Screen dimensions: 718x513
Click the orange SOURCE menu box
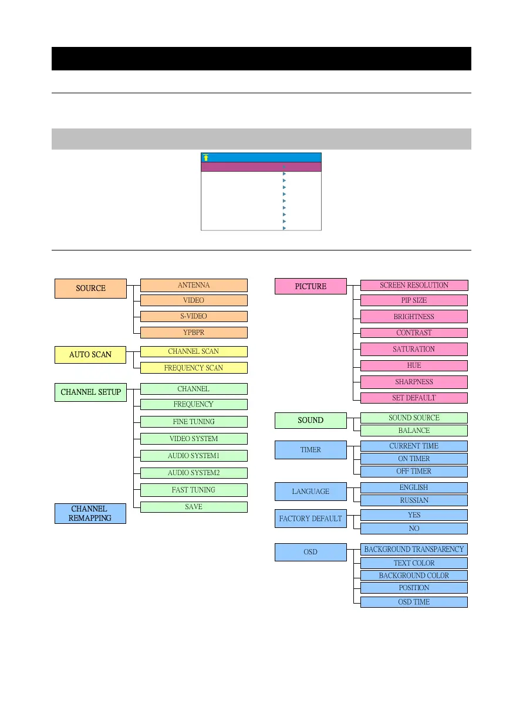click(90, 288)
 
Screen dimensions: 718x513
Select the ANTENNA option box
click(194, 285)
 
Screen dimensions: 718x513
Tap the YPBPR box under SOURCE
click(194, 333)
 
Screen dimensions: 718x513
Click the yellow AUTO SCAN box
click(90, 354)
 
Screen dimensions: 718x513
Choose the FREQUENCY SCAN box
click(194, 368)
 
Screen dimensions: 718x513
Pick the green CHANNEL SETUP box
click(90, 392)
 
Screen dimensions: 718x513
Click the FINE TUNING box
click(194, 421)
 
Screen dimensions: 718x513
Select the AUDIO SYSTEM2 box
click(194, 473)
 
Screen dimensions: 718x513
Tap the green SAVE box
click(194, 507)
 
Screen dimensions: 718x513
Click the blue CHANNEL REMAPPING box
click(90, 513)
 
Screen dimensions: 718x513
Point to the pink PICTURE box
click(310, 286)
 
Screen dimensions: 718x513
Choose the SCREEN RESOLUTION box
click(414, 285)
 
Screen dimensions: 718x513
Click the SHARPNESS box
click(414, 382)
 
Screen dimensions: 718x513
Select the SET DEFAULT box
click(414, 398)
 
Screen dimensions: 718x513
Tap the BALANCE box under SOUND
click(414, 431)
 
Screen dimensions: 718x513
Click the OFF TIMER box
click(414, 471)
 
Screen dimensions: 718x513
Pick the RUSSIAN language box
click(414, 500)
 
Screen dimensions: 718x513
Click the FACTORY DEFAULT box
click(310, 519)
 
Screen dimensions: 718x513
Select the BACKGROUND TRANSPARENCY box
click(414, 550)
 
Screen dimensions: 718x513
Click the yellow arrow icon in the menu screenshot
click(206, 157)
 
